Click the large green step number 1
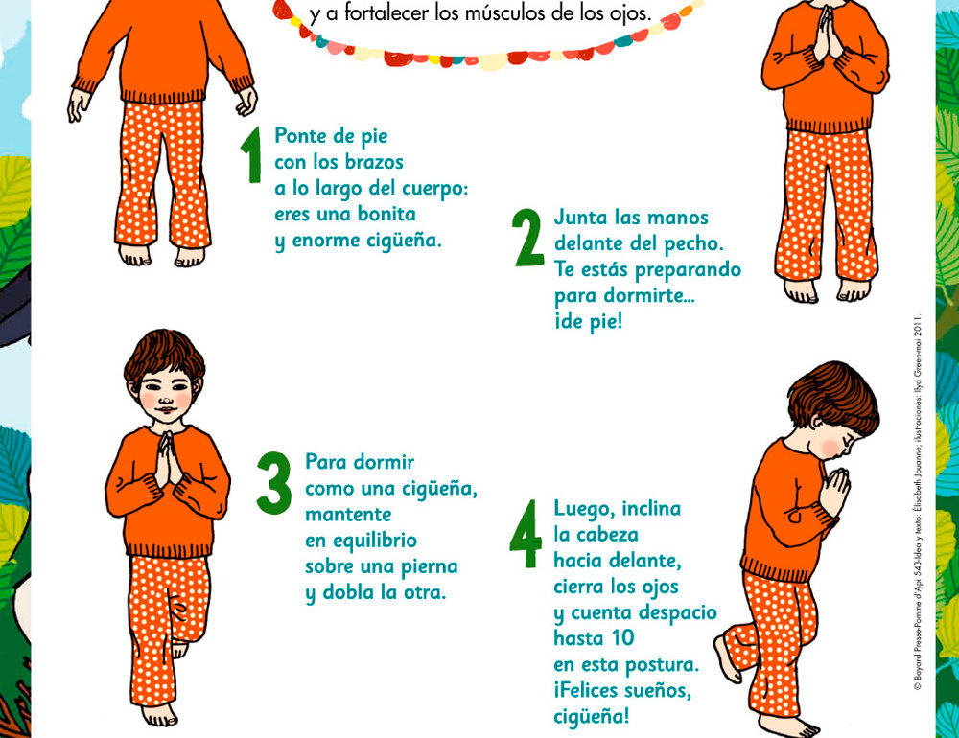(251, 154)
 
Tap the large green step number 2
(528, 238)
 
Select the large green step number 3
(273, 483)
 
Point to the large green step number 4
(526, 534)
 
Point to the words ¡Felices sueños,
(622, 691)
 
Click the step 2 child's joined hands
(826, 33)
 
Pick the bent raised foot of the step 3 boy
(179, 649)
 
